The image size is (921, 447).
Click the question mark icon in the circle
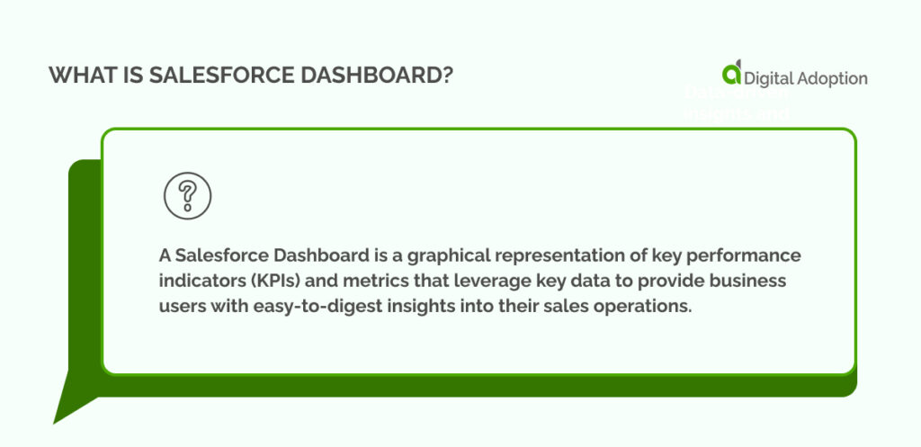(187, 195)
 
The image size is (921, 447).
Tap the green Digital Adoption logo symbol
(732, 75)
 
